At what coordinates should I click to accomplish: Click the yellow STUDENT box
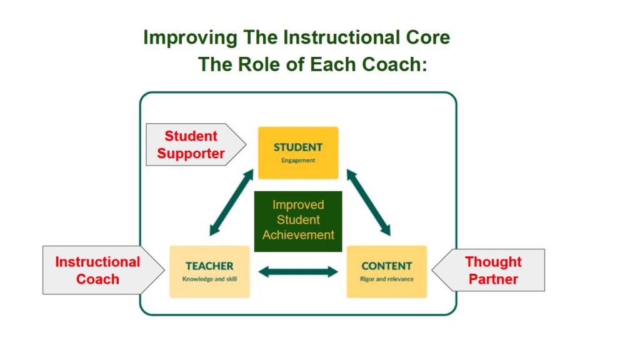(x=298, y=152)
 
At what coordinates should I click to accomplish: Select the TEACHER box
(x=209, y=271)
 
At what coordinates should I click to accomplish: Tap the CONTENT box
(x=386, y=271)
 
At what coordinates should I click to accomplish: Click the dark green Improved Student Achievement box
(x=298, y=221)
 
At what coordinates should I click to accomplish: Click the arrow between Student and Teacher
(x=231, y=202)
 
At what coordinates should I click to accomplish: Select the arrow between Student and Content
(x=369, y=202)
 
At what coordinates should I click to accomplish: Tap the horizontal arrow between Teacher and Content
(x=298, y=271)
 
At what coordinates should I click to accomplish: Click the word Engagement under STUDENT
(x=298, y=161)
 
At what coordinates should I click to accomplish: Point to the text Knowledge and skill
(x=209, y=279)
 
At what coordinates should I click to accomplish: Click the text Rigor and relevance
(x=386, y=279)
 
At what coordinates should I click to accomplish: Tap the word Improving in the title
(x=190, y=38)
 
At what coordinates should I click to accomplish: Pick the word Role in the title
(x=261, y=64)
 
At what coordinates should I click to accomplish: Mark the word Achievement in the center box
(x=298, y=235)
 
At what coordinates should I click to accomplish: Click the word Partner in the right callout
(x=493, y=279)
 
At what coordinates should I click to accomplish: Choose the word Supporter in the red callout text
(x=191, y=154)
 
